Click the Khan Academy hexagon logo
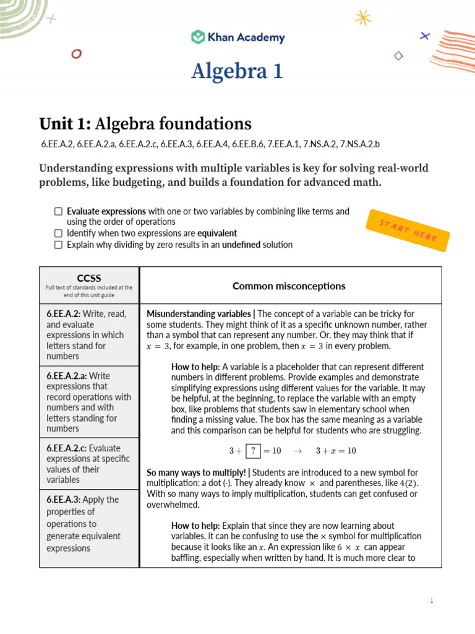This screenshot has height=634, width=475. [x=198, y=37]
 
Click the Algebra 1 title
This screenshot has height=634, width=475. [x=237, y=71]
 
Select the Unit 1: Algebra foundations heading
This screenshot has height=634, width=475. [x=145, y=123]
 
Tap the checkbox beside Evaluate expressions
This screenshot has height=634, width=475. [x=58, y=212]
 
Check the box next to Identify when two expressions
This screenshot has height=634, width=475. [x=58, y=233]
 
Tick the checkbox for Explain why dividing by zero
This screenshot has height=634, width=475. [x=58, y=245]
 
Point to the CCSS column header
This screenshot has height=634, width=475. [x=89, y=278]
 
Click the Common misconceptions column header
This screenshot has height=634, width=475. [x=289, y=286]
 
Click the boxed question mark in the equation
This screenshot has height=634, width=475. [x=252, y=451]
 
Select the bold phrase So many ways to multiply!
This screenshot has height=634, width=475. [x=193, y=473]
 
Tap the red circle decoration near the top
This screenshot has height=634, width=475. [x=76, y=54]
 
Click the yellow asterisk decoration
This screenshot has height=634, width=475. [x=364, y=18]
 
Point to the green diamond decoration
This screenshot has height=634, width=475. [x=399, y=56]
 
